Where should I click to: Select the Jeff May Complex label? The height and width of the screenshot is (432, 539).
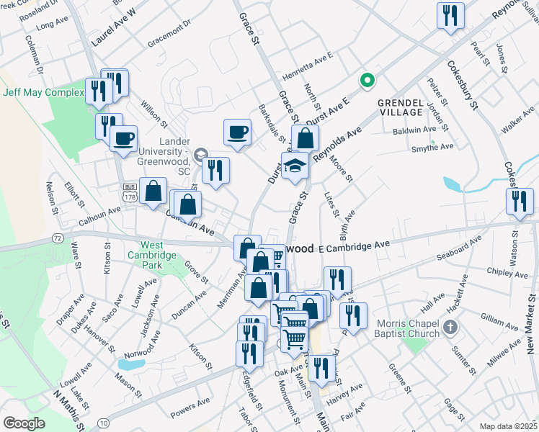click(x=43, y=92)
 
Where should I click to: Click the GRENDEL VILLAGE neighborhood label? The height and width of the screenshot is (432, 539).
click(x=400, y=107)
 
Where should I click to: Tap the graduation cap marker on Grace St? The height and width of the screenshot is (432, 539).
click(x=295, y=167)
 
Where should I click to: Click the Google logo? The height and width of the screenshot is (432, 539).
click(x=24, y=423)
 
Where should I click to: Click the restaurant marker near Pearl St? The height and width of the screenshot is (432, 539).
click(x=450, y=15)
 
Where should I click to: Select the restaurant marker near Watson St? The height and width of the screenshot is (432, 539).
click(x=519, y=202)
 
